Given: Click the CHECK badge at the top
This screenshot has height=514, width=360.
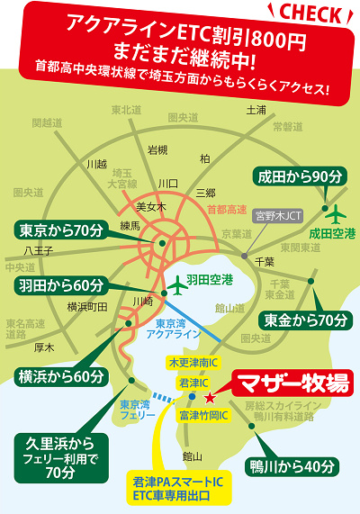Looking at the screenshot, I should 311,14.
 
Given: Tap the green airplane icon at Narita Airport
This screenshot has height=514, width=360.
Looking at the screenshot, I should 336,214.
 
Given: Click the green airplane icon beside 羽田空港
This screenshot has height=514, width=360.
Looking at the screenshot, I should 175,282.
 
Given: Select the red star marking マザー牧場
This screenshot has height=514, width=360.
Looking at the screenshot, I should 210,397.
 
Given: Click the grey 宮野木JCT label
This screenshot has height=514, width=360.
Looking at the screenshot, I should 274,216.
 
